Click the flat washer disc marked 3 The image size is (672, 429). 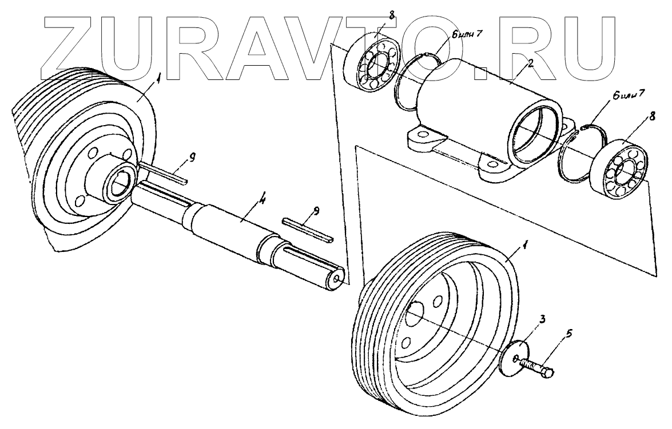point(514,359)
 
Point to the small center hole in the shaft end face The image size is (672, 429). point(339,279)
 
